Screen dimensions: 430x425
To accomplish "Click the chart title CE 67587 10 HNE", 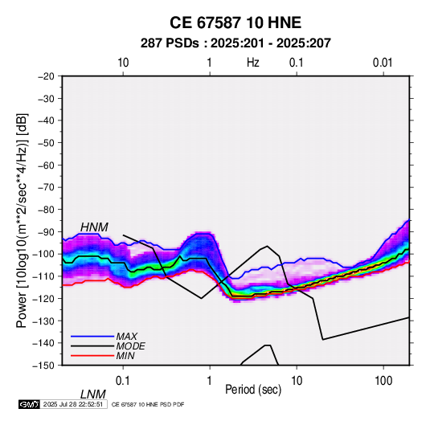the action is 235,22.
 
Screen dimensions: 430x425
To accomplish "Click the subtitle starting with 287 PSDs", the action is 235,43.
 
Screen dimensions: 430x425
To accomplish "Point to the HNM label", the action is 94,227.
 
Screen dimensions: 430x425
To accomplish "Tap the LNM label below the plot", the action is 93,394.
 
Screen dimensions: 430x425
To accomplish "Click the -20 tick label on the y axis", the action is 46,76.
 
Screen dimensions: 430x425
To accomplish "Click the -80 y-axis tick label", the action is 46,210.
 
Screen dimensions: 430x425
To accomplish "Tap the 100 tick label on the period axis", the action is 383,381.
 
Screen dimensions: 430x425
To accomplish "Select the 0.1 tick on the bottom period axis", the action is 123,381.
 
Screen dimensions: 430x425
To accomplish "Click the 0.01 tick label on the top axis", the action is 383,63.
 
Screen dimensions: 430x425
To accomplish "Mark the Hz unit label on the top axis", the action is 253,63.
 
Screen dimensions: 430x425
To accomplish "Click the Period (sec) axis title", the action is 253,390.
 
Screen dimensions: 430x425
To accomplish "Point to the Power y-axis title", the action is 22,220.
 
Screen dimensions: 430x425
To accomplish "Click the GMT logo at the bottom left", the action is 30,404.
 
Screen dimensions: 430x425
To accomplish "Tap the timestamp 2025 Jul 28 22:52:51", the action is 73,404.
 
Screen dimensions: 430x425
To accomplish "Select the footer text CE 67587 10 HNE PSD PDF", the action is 148,404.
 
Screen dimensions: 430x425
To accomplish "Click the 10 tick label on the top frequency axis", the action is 123,63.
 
